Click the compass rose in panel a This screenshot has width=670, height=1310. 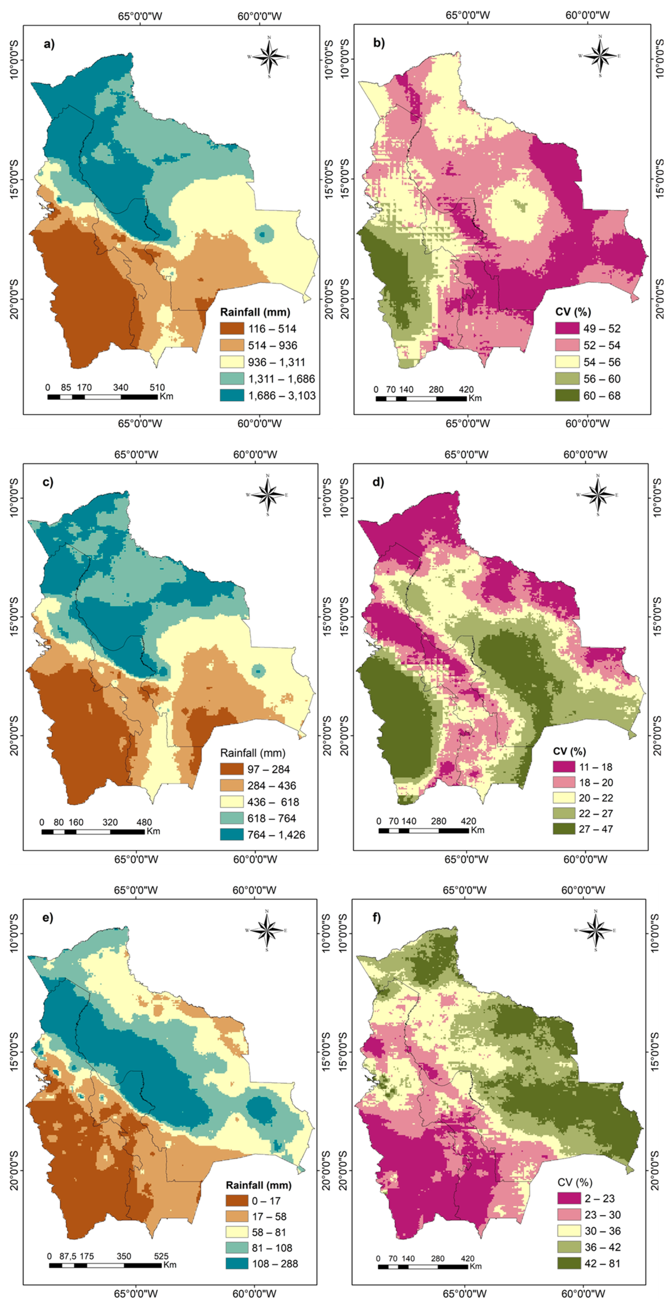[269, 56]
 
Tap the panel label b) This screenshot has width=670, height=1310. [379, 43]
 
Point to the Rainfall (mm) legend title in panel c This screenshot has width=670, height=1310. [252, 753]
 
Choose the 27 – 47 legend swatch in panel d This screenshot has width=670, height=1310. [564, 829]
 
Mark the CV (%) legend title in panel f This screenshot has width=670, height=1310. [575, 1182]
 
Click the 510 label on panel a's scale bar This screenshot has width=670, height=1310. [157, 387]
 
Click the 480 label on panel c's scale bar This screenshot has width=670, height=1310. [144, 822]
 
